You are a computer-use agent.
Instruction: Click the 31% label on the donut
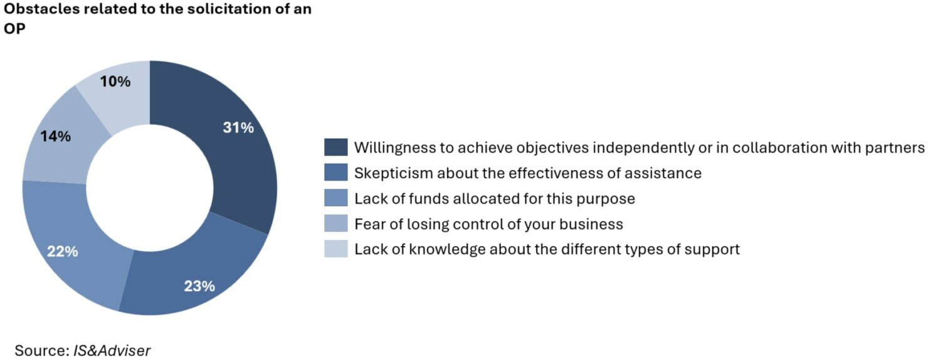[238, 127]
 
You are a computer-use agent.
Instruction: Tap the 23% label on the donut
[199, 286]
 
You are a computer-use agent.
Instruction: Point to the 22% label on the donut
[62, 251]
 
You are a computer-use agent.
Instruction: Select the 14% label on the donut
[55, 136]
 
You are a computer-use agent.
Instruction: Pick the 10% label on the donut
[115, 81]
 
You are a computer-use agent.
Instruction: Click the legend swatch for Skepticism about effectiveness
[336, 172]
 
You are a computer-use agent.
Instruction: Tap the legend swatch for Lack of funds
[336, 198]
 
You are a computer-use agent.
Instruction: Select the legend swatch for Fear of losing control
[336, 223]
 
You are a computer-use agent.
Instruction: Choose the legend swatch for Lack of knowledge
[336, 249]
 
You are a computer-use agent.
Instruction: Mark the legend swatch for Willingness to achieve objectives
[336, 147]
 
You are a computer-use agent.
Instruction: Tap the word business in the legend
[591, 224]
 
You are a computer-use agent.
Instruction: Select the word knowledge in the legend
[447, 250]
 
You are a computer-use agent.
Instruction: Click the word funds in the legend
[429, 199]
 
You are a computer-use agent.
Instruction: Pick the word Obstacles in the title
[41, 9]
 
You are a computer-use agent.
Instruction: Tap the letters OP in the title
[14, 29]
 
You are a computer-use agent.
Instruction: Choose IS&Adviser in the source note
[112, 351]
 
